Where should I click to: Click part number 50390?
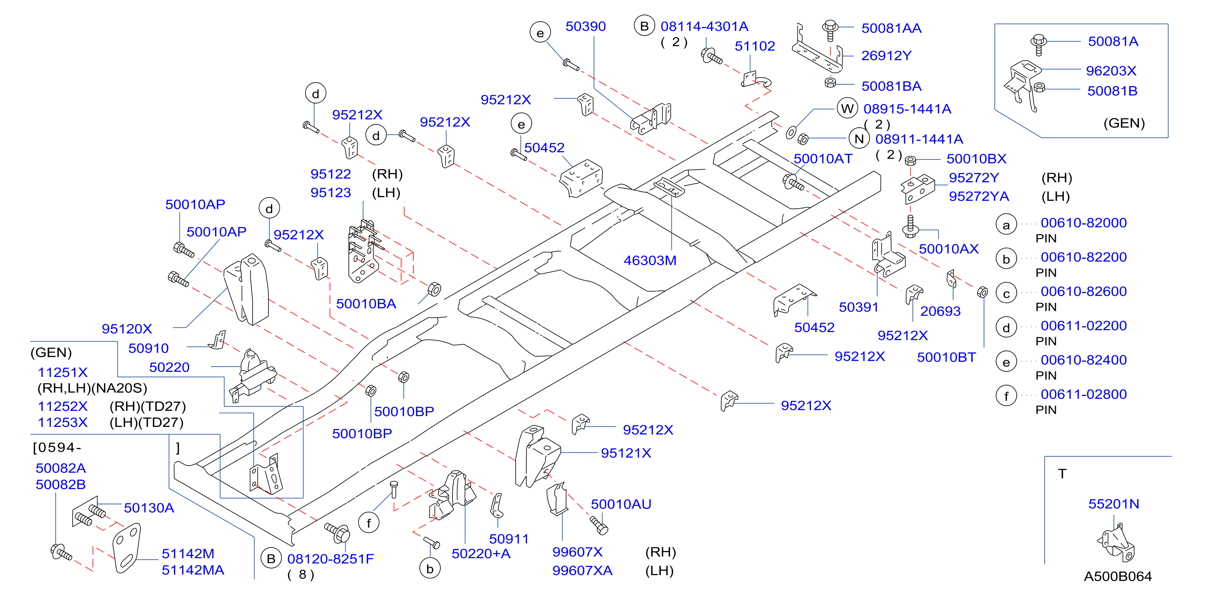pyautogui.click(x=585, y=27)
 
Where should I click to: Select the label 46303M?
pyautogui.click(x=650, y=260)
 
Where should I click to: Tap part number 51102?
pyautogui.click(x=754, y=46)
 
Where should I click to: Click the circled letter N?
pyautogui.click(x=859, y=139)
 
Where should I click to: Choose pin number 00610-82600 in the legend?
pyautogui.click(x=1083, y=292)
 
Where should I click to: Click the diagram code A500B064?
pyautogui.click(x=1118, y=576)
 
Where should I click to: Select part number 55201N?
pyautogui.click(x=1114, y=504)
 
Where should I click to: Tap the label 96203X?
pyautogui.click(x=1111, y=71)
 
